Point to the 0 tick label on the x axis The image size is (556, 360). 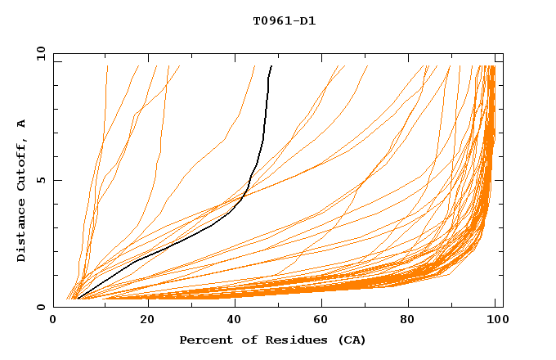pyautogui.click(x=54, y=322)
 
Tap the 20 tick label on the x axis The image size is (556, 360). pyautogui.click(x=143, y=322)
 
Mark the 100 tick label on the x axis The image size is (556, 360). pyautogui.click(x=496, y=322)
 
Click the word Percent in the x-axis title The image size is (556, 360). pyautogui.click(x=202, y=340)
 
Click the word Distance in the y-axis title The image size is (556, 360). pyautogui.click(x=22, y=231)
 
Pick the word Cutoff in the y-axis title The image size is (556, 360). pyautogui.click(x=22, y=164)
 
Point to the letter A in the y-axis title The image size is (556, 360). pyautogui.click(x=22, y=124)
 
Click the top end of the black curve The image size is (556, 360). pyautogui.click(x=271, y=66)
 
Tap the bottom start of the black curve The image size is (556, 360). pyautogui.click(x=77, y=299)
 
